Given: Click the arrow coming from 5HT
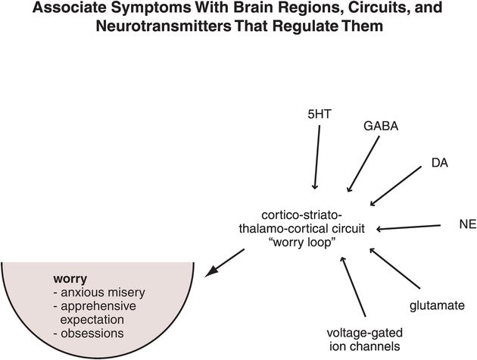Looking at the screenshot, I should click(317, 157).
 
